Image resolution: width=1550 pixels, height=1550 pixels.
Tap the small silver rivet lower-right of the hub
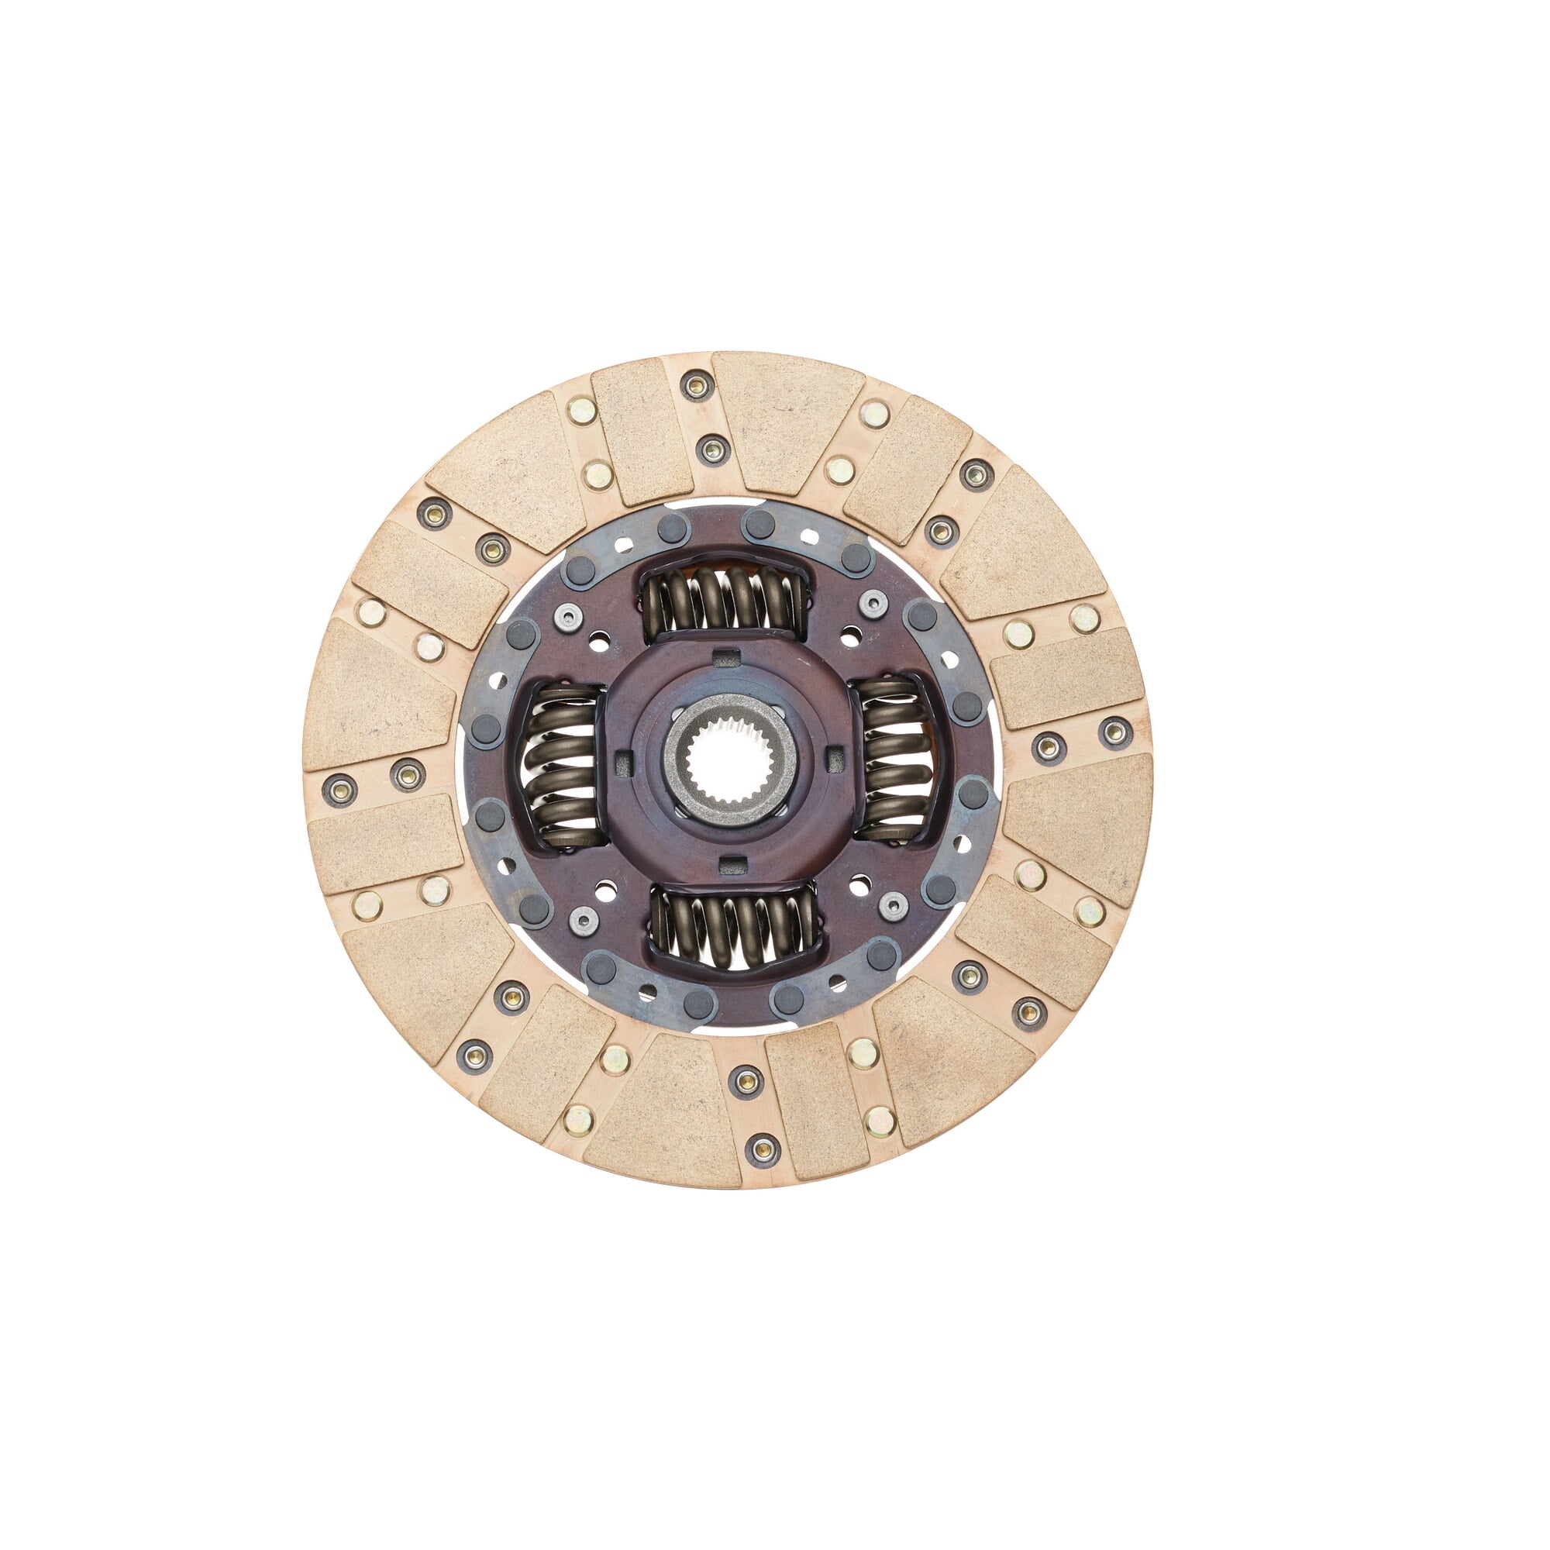890,904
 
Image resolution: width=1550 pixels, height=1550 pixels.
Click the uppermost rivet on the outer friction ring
696,385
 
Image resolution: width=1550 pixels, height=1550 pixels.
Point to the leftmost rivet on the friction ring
339,788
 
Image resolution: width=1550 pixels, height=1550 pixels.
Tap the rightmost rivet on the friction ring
1114,731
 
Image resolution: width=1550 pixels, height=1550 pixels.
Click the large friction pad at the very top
788,421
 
